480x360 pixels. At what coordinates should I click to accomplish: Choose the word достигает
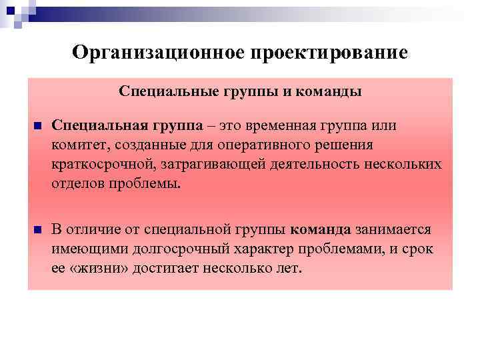[x=169, y=268]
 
